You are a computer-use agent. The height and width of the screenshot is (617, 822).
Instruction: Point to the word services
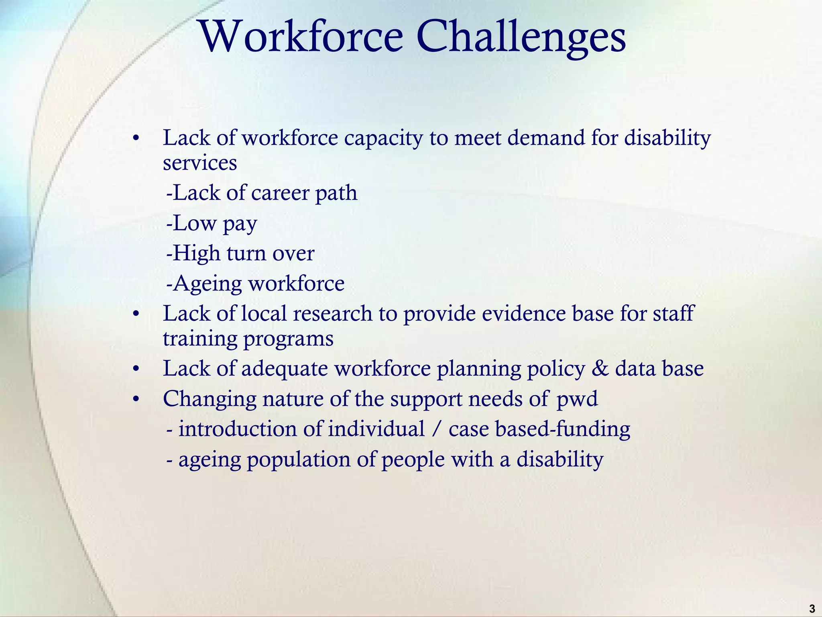[x=200, y=163]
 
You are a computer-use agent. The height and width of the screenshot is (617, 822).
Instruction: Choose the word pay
[x=240, y=224]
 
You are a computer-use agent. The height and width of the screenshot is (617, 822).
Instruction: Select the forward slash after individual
[x=436, y=429]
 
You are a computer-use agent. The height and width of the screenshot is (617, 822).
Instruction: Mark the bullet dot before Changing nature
[x=136, y=400]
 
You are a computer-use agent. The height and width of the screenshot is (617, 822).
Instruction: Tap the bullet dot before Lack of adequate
[x=136, y=369]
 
